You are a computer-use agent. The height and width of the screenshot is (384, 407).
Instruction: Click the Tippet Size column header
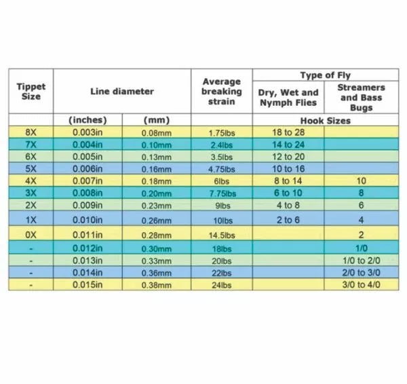click(31, 91)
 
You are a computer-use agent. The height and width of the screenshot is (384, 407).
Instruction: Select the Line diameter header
click(121, 91)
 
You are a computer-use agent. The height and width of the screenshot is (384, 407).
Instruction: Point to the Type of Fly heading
click(326, 75)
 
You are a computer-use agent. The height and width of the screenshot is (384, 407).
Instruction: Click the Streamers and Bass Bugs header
click(361, 97)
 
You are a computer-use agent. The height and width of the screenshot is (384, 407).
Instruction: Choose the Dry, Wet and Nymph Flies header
click(288, 97)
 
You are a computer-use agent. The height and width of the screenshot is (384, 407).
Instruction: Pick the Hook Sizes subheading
click(326, 120)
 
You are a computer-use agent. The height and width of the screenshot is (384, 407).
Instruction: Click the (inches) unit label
click(88, 120)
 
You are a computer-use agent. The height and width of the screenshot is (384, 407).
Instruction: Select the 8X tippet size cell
click(31, 132)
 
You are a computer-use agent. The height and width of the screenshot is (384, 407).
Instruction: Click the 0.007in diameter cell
click(88, 180)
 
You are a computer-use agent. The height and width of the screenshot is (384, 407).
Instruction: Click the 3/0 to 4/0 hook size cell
click(361, 284)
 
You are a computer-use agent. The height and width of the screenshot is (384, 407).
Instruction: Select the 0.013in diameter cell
click(88, 260)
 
